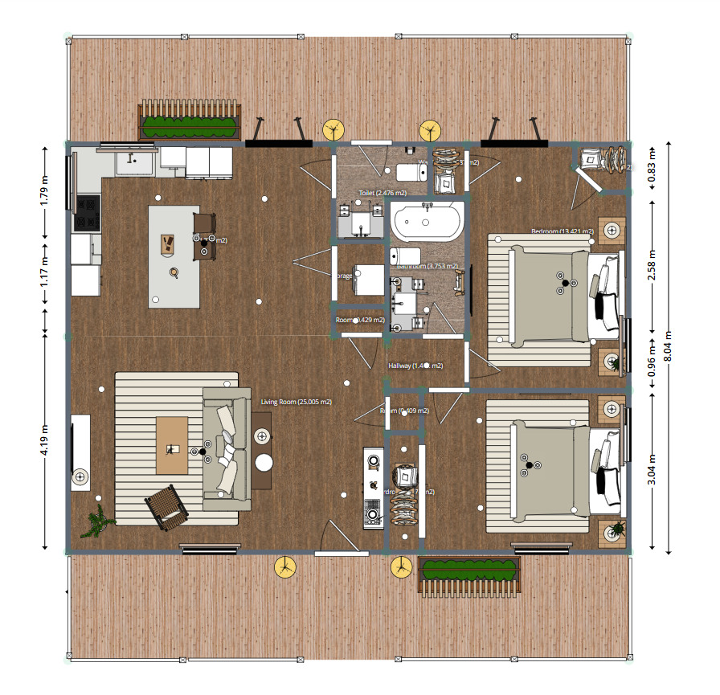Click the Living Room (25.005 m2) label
point(297,401)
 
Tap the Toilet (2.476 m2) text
point(382,193)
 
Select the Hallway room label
point(415,366)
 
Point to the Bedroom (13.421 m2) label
point(562,231)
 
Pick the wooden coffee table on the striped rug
point(172,445)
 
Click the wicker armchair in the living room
point(166,508)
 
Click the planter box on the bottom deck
point(469,575)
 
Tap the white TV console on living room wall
point(81,453)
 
